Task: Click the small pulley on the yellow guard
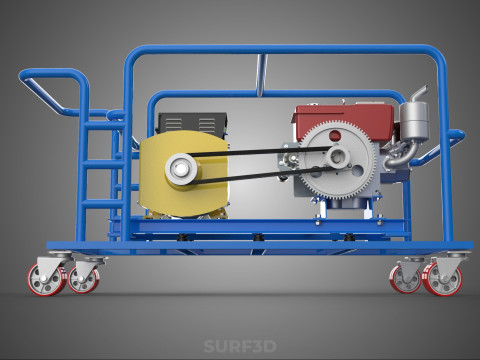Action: [x=181, y=168]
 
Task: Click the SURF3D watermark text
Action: [x=239, y=348]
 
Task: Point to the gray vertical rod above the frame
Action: [x=263, y=75]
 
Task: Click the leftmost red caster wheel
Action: [x=47, y=279]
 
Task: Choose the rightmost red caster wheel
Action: [x=441, y=280]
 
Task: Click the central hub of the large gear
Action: [x=340, y=156]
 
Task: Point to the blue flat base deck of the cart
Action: [x=250, y=244]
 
